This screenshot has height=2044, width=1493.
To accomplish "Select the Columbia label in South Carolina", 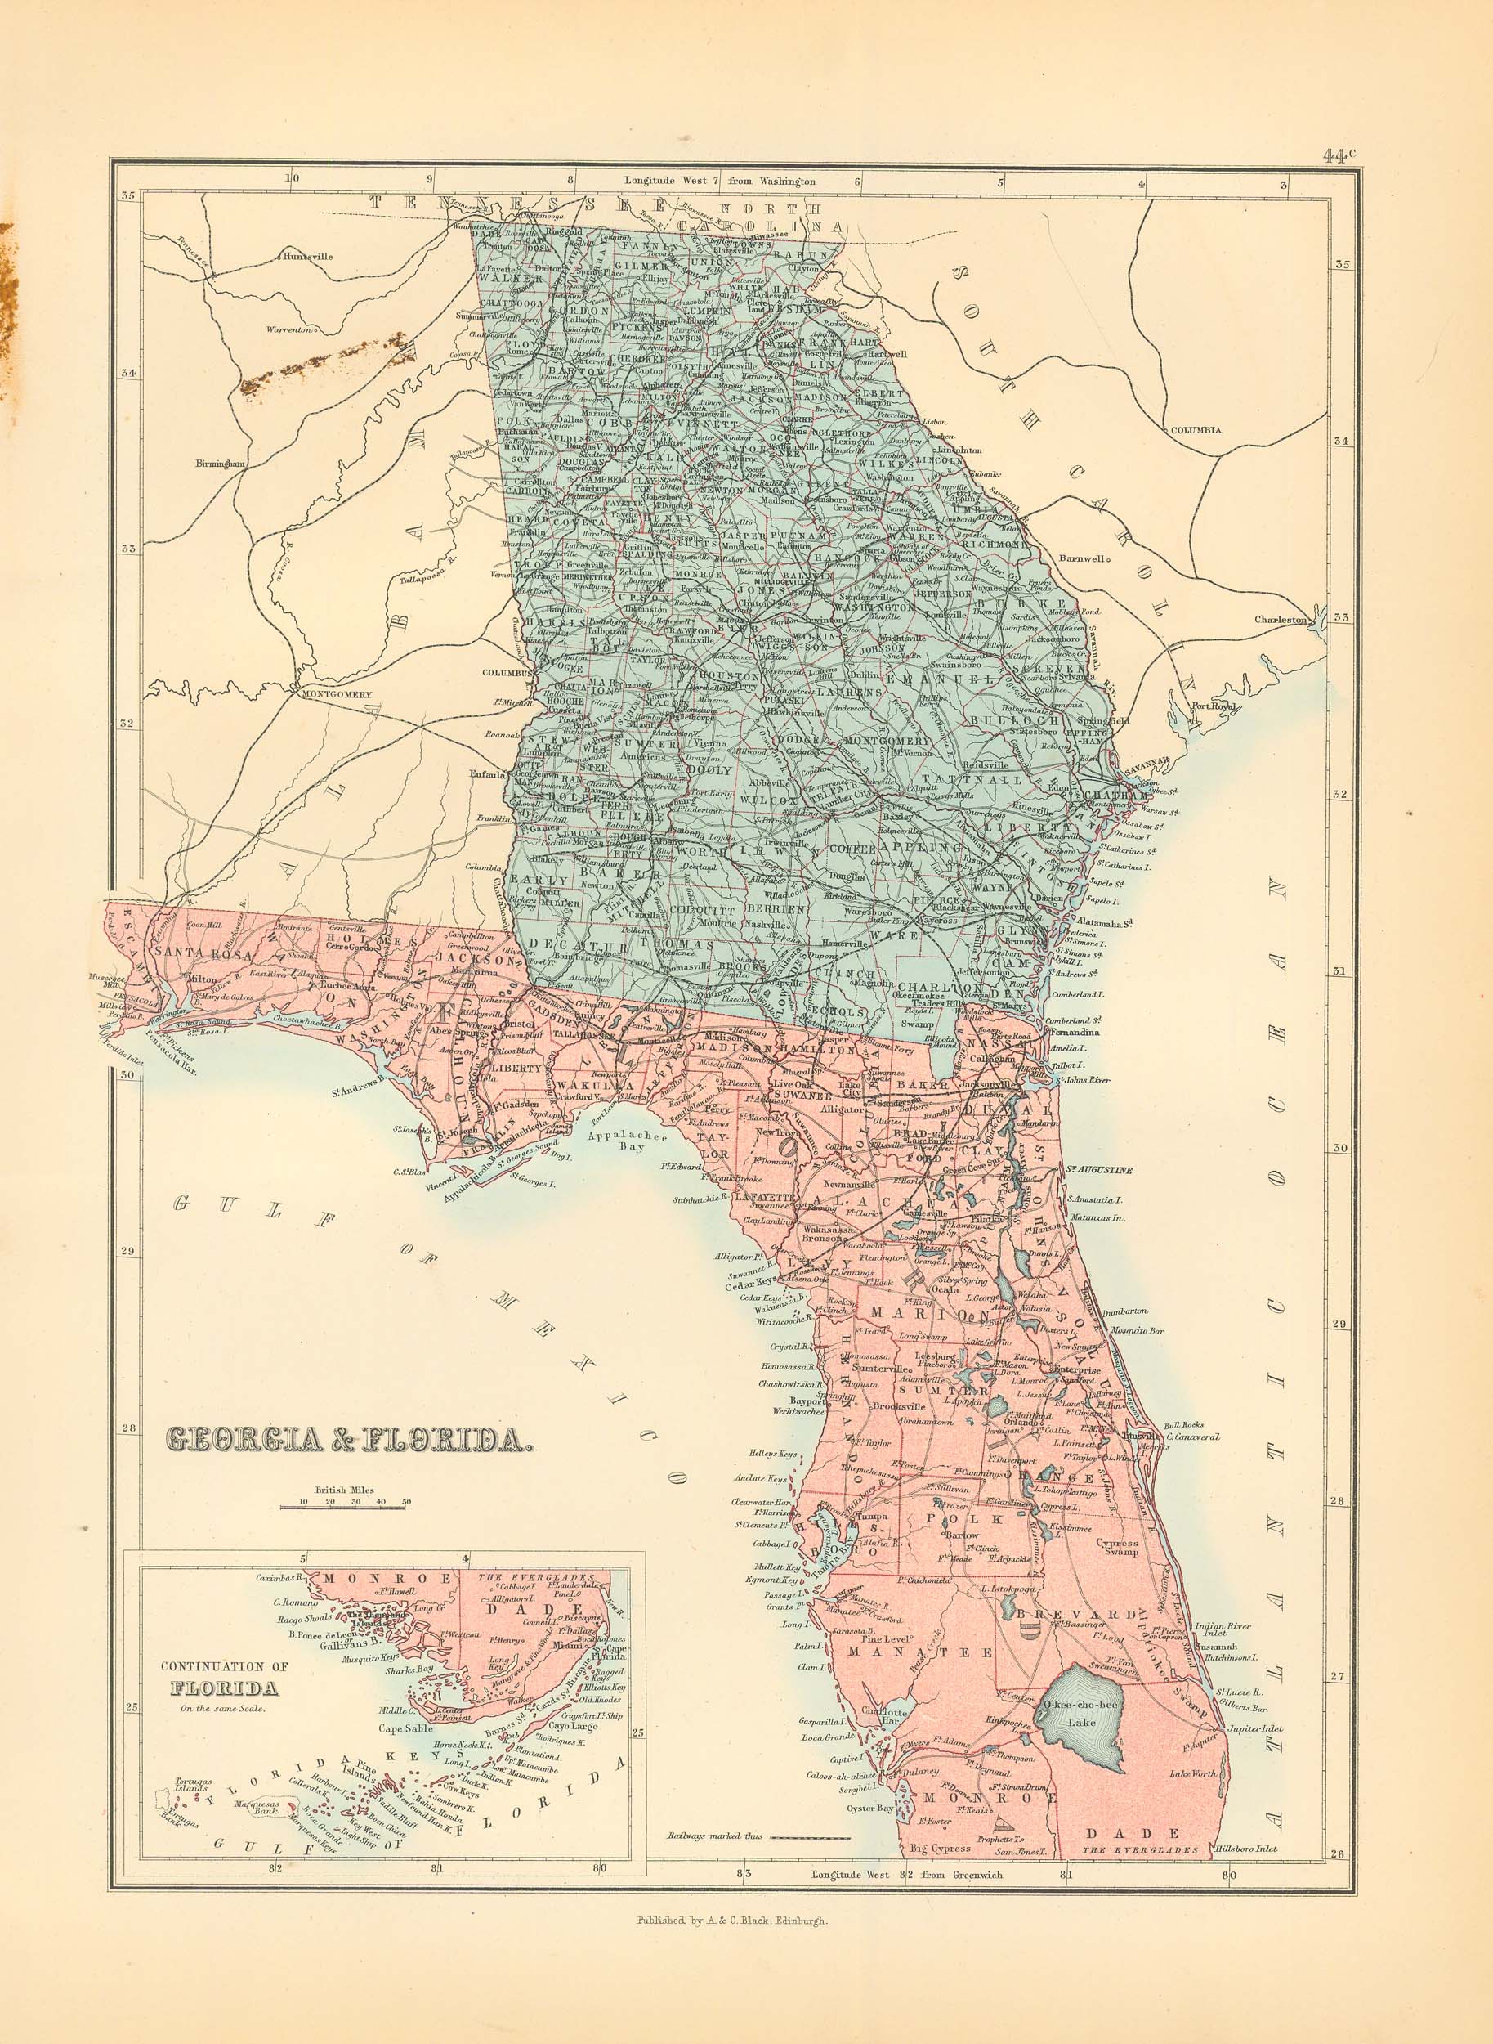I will [x=1193, y=431].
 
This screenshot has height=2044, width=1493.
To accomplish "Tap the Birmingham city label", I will [x=221, y=464].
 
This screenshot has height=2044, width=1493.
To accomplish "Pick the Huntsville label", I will [x=307, y=256].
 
